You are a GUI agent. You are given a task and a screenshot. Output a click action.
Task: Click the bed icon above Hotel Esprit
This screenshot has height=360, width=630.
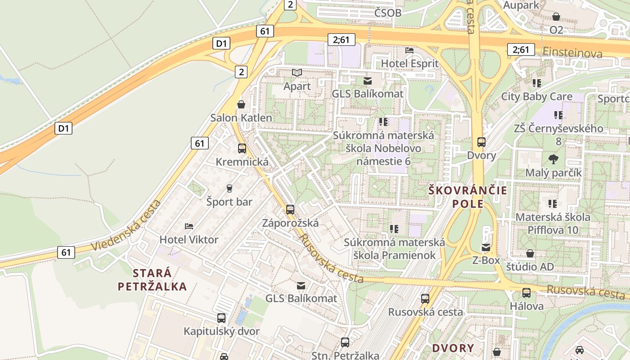pos(409,50)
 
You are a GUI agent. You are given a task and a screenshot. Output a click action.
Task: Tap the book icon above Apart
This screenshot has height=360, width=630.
pos(297,72)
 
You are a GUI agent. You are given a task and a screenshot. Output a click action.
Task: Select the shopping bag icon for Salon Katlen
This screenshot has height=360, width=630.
pos(241,104)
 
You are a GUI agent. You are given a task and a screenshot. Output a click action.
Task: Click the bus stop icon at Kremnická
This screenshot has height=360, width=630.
pos(242,148)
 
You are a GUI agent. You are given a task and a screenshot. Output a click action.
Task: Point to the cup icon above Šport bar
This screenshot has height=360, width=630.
pos(229,188)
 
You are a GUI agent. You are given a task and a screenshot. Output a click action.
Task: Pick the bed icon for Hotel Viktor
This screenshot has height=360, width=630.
pos(189,226)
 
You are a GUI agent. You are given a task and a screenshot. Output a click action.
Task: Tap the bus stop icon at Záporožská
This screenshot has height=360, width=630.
pos(290,209)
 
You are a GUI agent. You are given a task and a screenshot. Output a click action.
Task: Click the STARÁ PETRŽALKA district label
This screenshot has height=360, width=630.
pos(152,279)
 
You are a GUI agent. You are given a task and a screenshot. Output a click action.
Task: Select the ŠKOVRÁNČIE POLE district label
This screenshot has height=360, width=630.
pos(468,197)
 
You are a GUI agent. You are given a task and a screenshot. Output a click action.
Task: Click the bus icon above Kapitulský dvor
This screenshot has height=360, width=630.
pos(221,318)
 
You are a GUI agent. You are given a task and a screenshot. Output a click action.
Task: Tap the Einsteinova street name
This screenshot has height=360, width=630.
pos(572,53)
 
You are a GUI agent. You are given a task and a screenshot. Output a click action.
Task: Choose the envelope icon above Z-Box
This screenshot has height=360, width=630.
pos(486,247)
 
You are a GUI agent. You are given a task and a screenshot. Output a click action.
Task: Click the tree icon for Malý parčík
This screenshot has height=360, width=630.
pos(553,159)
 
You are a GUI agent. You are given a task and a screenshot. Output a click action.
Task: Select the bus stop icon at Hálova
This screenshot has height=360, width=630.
pos(526,292)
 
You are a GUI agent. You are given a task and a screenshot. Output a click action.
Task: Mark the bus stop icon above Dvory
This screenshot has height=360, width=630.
pos(481,142)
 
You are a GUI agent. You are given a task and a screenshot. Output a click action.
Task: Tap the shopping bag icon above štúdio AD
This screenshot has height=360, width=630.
pos(530,253)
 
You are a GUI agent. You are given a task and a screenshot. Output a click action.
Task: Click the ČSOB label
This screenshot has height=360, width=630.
pos(387,13)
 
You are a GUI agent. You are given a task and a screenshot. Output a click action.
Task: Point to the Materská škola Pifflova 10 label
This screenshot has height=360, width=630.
pos(553,223)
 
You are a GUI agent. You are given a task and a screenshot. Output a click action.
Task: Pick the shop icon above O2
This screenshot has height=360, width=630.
pos(556,17)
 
